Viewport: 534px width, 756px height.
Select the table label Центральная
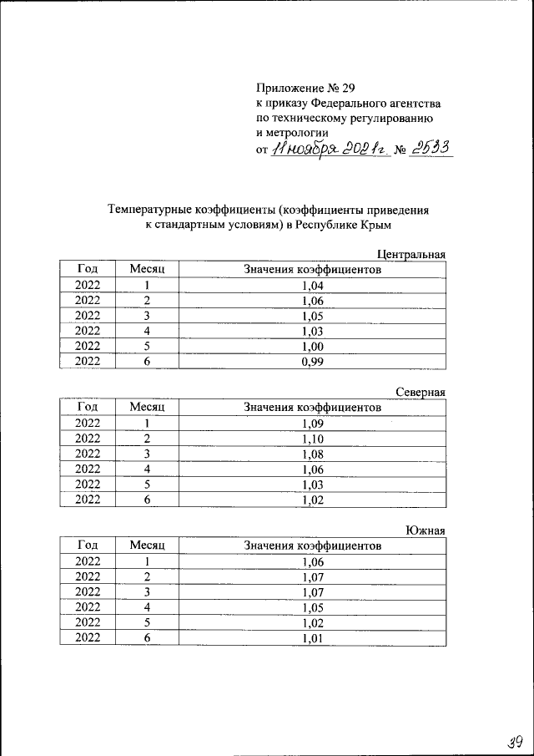coord(411,255)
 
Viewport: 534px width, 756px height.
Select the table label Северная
coord(421,392)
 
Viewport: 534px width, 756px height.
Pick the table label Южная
coord(426,530)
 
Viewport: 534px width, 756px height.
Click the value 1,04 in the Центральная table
coord(312,286)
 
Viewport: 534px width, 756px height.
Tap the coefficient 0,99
coord(312,362)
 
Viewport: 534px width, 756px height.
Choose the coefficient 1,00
coord(312,347)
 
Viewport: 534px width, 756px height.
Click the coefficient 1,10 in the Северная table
coord(312,439)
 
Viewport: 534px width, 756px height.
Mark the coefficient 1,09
coord(312,424)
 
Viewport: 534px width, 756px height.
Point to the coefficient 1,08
coord(312,454)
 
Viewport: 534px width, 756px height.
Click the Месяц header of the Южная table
coord(148,545)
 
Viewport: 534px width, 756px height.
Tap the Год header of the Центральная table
coord(88,270)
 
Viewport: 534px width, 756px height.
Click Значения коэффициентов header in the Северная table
coord(312,408)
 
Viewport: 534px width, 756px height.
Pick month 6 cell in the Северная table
coord(148,500)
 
